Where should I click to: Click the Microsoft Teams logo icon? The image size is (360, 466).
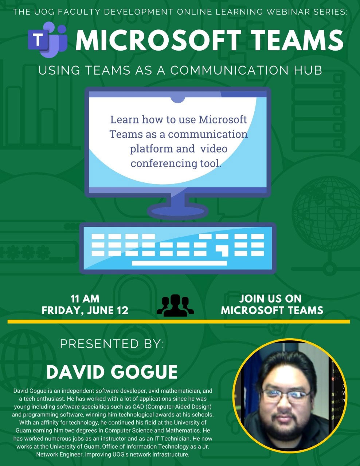point(48,40)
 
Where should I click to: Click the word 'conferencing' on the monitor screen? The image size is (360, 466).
point(164,163)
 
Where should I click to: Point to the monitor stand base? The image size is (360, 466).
point(178,211)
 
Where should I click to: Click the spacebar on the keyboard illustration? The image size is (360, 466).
point(179,263)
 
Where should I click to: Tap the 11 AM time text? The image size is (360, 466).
point(85,299)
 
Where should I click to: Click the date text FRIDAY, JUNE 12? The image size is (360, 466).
point(85,310)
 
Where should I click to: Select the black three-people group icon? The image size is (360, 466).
point(175,305)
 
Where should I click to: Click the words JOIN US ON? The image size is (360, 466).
point(270,299)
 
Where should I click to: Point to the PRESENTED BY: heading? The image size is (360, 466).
point(112,344)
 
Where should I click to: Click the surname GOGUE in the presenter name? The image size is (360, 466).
point(144,371)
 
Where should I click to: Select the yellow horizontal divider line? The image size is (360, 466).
point(179,321)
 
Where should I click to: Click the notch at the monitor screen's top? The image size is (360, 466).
point(178,99)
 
